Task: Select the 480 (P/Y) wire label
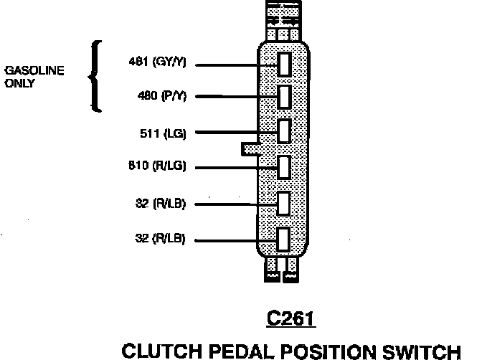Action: click(x=161, y=96)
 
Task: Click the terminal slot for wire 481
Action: click(x=284, y=63)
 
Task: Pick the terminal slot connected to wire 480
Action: click(x=284, y=96)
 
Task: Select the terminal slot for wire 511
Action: click(x=284, y=132)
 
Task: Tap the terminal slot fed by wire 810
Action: click(x=284, y=167)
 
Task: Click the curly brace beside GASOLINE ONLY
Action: click(x=95, y=76)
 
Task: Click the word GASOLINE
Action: click(x=34, y=70)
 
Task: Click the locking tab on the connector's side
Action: click(x=250, y=148)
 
